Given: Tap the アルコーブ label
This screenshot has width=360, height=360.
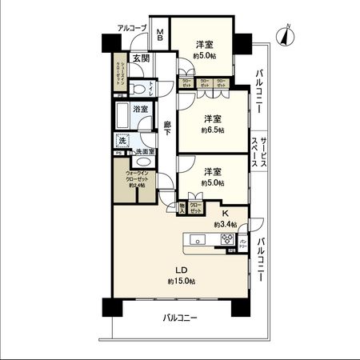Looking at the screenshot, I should [132, 28].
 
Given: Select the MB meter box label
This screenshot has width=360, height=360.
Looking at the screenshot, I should [160, 35].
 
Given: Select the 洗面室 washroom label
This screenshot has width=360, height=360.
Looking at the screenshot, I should [143, 152].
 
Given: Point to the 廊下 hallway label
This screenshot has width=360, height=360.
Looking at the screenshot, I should [167, 128].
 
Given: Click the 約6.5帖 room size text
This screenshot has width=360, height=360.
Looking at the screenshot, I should [213, 130].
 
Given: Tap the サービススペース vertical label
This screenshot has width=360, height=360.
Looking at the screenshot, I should [260, 150].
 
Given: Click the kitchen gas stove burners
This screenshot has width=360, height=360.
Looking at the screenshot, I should [226, 239].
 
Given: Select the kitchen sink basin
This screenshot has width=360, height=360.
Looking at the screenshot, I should [198, 239].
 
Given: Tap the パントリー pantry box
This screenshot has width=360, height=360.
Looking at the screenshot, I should [244, 242].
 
